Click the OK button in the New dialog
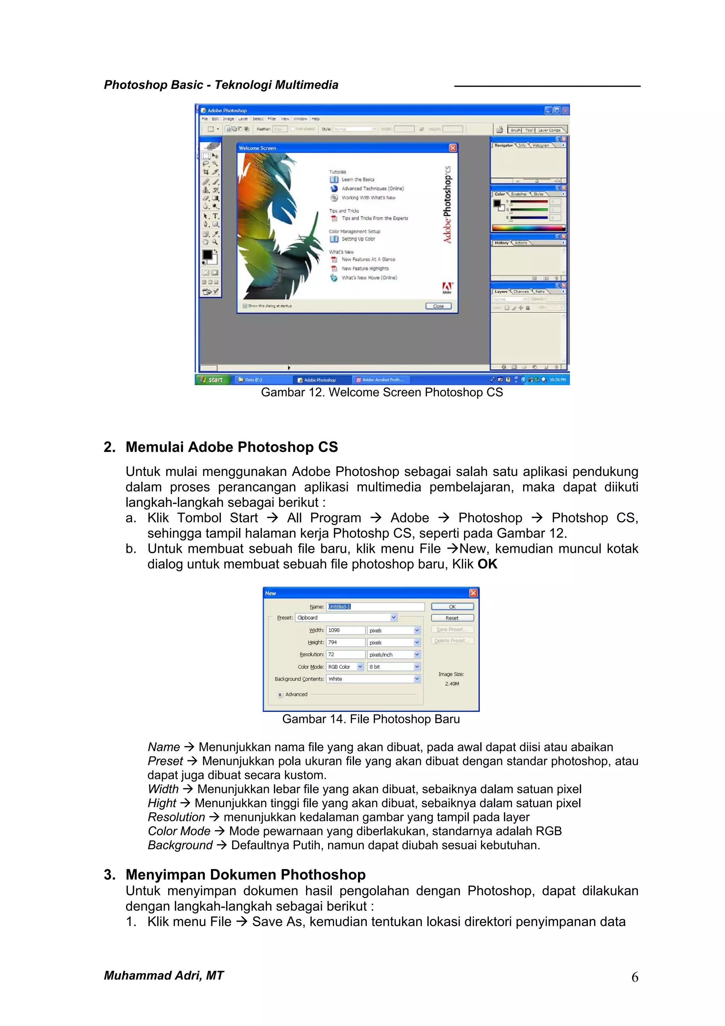click(452, 606)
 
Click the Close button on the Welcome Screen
click(438, 306)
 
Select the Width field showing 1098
click(345, 630)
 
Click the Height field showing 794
click(345, 642)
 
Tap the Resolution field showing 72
click(345, 654)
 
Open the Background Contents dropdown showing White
click(373, 679)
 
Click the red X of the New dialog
click(473, 593)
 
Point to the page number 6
click(634, 977)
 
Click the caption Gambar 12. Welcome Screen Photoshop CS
click(382, 392)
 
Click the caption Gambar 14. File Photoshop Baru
click(371, 719)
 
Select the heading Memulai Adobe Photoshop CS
click(232, 447)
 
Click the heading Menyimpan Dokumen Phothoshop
click(245, 874)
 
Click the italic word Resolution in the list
click(176, 817)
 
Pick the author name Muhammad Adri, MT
click(164, 975)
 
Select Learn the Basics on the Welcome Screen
click(358, 180)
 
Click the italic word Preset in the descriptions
click(165, 761)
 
